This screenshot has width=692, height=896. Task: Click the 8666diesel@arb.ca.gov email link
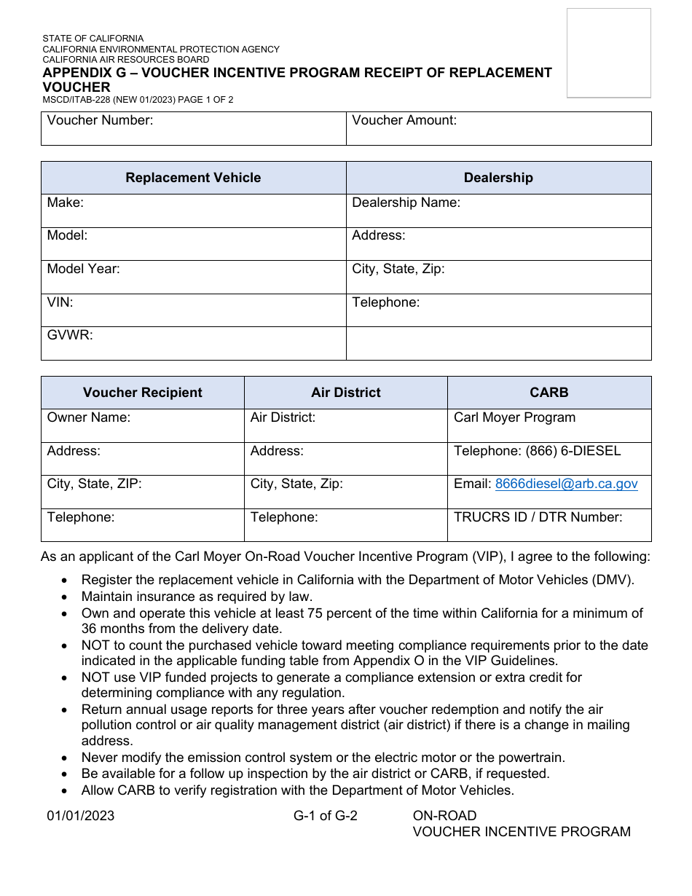[x=566, y=484]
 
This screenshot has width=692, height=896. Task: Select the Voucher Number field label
[x=100, y=121]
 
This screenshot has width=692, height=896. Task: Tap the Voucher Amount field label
[x=404, y=121]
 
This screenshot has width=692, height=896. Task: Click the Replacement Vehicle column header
[x=193, y=178]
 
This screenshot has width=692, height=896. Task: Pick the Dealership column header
[x=498, y=178]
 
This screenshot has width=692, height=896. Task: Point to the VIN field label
[x=60, y=302]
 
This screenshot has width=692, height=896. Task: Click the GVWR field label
[x=70, y=336]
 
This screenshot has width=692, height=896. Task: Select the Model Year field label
[x=83, y=269]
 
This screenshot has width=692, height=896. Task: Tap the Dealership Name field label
[x=406, y=203]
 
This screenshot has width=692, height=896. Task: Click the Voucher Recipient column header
[x=143, y=393]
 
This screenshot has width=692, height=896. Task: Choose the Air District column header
[x=346, y=393]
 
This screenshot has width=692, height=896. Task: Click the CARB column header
[x=549, y=393]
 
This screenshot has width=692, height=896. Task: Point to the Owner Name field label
[x=89, y=417]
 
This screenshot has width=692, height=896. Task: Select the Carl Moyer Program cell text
[x=514, y=417]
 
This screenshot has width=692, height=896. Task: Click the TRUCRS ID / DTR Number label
[x=538, y=517]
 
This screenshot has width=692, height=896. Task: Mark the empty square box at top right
[x=608, y=52]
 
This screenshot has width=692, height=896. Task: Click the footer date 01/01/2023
[x=81, y=816]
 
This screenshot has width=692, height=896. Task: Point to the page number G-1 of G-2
[x=326, y=816]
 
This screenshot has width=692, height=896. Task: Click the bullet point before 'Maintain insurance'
[x=66, y=597]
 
